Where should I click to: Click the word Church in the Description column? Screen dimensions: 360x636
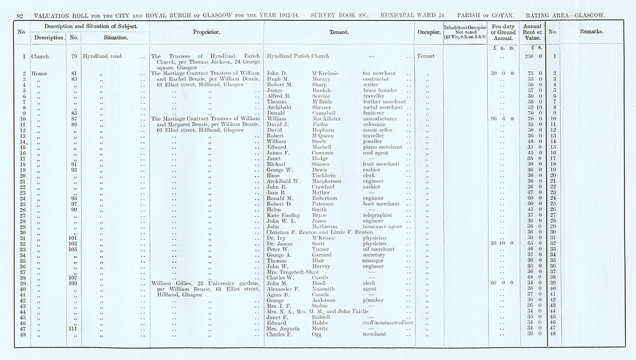40,56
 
